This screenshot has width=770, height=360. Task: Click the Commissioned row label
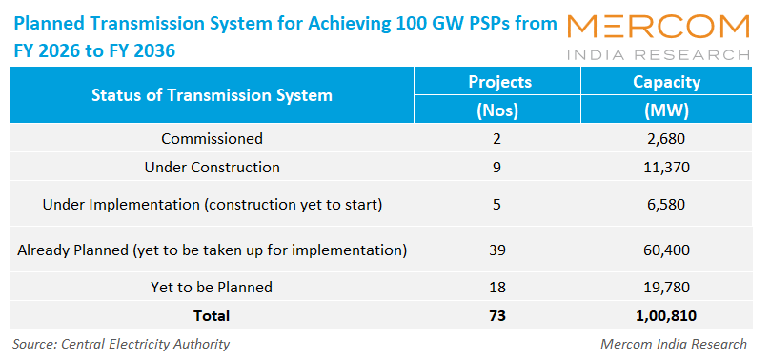212,139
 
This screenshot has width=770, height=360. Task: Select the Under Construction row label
212,168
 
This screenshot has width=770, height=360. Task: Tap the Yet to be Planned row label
212,287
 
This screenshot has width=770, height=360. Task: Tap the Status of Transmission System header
212,95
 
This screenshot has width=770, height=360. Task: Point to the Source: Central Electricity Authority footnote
121,344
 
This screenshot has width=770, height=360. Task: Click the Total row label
211,314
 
